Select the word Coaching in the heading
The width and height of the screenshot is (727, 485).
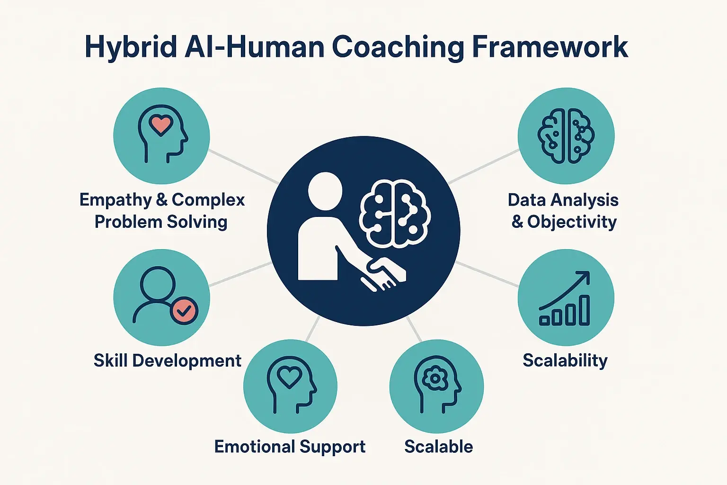(x=398, y=47)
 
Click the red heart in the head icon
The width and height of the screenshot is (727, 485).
(x=160, y=125)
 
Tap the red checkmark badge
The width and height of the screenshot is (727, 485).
(x=184, y=311)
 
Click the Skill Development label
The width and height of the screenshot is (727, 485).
(x=168, y=360)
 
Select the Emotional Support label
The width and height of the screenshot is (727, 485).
(x=290, y=447)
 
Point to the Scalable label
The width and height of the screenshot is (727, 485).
(x=438, y=447)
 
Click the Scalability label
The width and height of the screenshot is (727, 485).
(x=565, y=360)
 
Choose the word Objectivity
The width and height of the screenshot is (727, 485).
(x=572, y=222)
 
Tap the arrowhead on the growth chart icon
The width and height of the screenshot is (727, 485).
(x=585, y=277)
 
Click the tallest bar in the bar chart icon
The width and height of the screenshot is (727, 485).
(x=585, y=310)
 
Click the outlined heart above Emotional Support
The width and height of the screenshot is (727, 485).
(x=289, y=377)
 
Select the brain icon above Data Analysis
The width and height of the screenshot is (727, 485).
(x=566, y=136)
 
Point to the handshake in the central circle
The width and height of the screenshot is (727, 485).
(x=383, y=275)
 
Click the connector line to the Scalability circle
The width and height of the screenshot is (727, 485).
(x=488, y=274)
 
